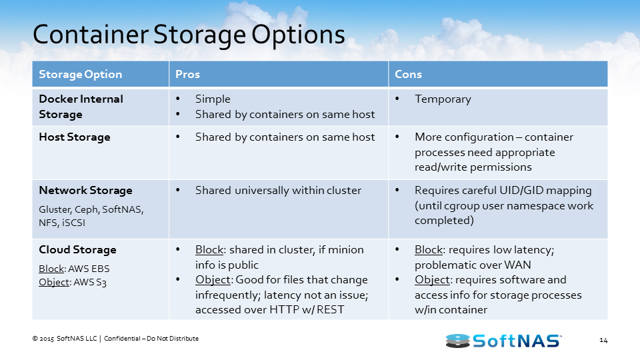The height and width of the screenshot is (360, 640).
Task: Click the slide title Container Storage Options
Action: click(x=189, y=35)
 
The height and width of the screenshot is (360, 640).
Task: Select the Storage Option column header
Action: click(x=81, y=74)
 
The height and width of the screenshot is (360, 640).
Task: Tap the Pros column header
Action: click(x=187, y=74)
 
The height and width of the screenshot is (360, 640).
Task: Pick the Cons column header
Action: click(x=408, y=74)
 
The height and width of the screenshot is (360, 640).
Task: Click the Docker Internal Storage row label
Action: click(x=81, y=107)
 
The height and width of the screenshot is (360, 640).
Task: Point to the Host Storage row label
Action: click(x=74, y=137)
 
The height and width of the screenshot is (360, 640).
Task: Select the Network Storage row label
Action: click(x=85, y=190)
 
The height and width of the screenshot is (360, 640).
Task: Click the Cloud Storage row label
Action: click(x=77, y=249)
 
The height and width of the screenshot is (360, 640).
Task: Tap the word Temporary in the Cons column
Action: click(x=443, y=99)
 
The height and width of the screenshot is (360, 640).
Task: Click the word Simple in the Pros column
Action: click(x=213, y=99)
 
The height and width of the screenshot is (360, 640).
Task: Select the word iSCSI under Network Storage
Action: click(x=73, y=223)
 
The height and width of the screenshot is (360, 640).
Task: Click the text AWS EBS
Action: click(x=89, y=269)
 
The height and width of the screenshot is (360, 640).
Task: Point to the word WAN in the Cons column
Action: click(x=517, y=265)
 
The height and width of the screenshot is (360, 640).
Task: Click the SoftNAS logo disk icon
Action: click(x=458, y=341)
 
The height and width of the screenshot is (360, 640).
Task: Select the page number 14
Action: click(x=603, y=341)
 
